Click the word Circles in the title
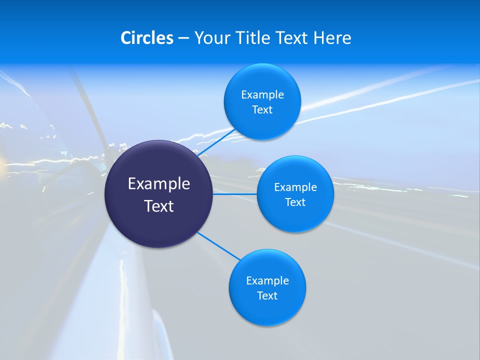(x=146, y=37)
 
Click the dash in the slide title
(x=183, y=38)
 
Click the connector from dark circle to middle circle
(x=235, y=194)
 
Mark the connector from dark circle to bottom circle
(x=219, y=246)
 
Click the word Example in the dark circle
(x=159, y=183)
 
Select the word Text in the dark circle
(x=159, y=206)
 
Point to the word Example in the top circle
(x=262, y=94)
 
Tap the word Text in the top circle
(x=262, y=109)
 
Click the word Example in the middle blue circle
(x=295, y=187)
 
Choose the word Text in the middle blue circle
(x=295, y=202)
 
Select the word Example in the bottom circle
(x=267, y=280)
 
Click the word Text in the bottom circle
(x=267, y=295)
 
